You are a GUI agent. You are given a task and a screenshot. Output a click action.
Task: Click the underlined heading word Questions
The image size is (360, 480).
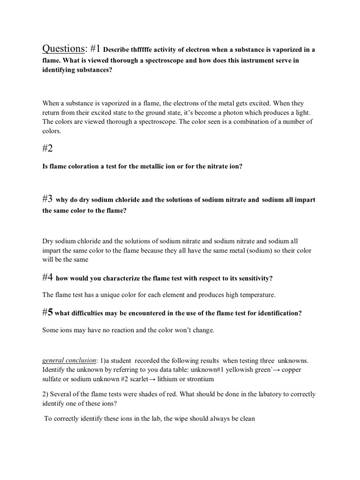[64, 49]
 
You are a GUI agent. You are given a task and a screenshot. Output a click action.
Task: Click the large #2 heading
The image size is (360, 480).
[50, 149]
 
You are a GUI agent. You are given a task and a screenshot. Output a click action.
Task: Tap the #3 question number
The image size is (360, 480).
[47, 199]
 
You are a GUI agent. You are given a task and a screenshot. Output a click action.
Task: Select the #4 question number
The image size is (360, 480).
[47, 277]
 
